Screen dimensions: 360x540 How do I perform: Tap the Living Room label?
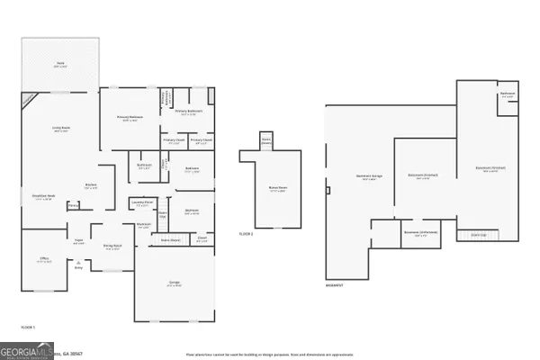pyautogui.click(x=60, y=130)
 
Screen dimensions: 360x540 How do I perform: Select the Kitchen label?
pyautogui.click(x=91, y=186)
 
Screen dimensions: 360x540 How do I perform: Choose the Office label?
pyautogui.click(x=43, y=259)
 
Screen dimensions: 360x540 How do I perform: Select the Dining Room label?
pyautogui.click(x=112, y=247)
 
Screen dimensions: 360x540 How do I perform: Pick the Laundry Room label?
pyautogui.click(x=139, y=204)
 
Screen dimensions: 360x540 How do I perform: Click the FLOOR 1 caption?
pyautogui.click(x=28, y=326)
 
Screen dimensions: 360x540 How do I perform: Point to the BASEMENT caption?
pyautogui.click(x=335, y=285)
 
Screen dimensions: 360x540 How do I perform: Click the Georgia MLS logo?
pyautogui.click(x=25, y=349)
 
